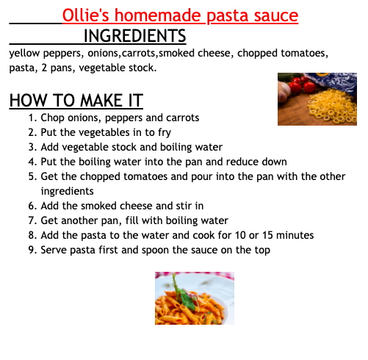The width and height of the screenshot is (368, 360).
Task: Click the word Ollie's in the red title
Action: (x=85, y=15)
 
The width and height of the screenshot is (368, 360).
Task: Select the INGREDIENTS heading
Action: (x=135, y=36)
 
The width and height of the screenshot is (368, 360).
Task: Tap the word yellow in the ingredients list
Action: (x=24, y=54)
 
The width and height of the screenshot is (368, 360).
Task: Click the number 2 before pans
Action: (x=44, y=68)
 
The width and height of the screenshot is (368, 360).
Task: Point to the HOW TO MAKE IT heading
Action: (x=76, y=101)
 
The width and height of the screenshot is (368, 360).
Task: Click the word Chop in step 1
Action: (x=52, y=118)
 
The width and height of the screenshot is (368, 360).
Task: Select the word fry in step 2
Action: (x=165, y=133)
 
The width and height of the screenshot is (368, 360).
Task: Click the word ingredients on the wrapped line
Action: (x=68, y=191)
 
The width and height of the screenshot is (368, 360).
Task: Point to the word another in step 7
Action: (x=79, y=220)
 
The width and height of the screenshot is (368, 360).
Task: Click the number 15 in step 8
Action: (x=267, y=235)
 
